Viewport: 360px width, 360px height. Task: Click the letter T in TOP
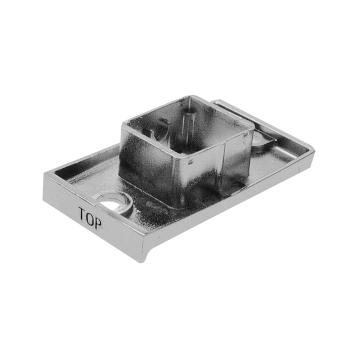(82, 214)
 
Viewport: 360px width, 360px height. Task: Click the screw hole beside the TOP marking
(110, 203)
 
